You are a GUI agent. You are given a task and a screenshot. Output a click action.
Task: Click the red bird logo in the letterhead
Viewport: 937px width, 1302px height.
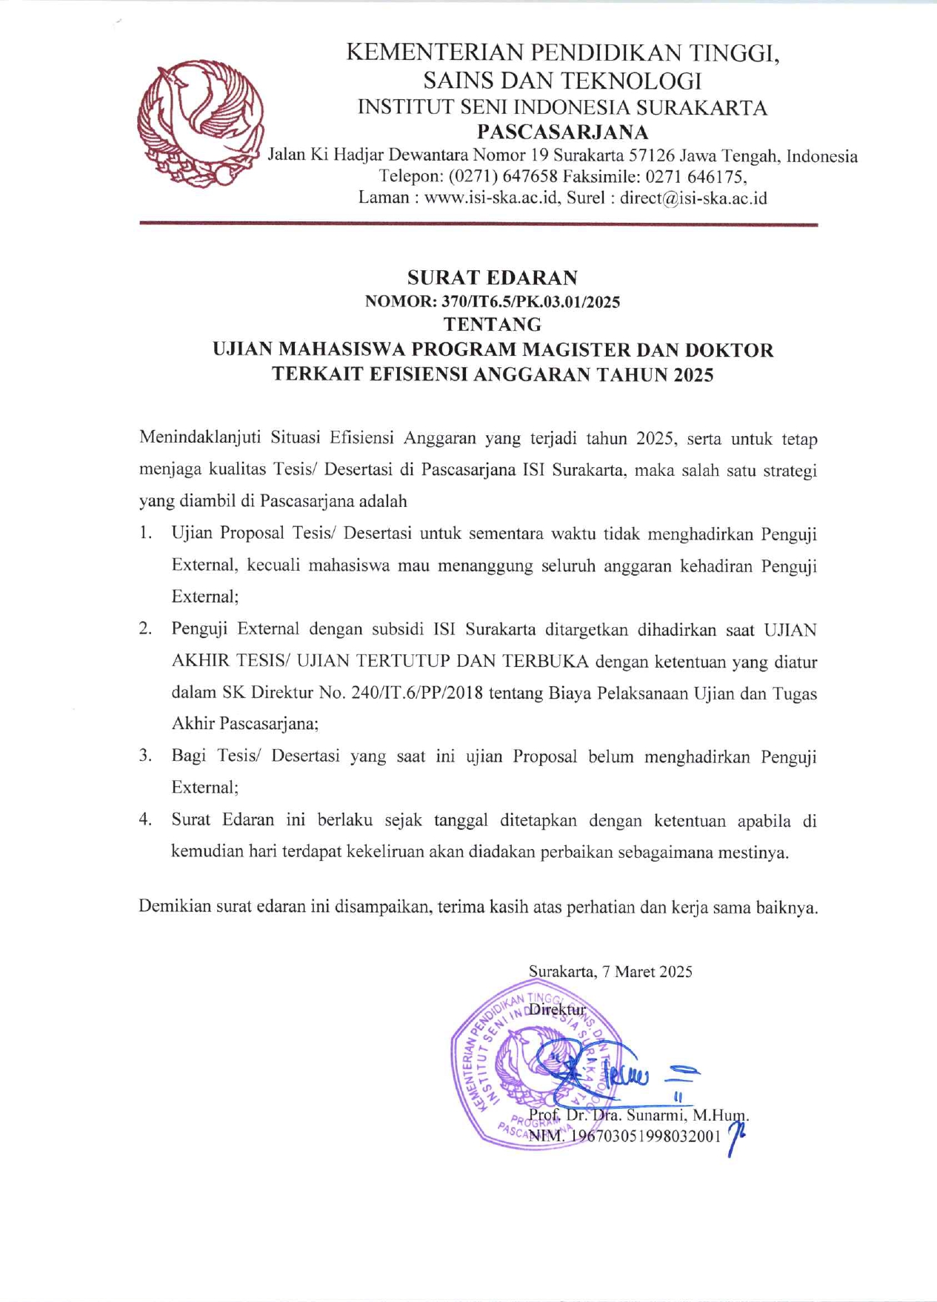click(200, 124)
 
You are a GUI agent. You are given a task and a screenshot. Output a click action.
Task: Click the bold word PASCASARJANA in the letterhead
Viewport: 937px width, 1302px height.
click(562, 132)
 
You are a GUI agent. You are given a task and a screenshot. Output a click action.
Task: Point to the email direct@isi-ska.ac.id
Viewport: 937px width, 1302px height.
click(693, 198)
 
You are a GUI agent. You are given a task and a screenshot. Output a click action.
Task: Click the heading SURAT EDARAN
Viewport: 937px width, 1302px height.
click(492, 278)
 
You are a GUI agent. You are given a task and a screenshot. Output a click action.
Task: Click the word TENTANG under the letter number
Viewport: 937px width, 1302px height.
click(492, 324)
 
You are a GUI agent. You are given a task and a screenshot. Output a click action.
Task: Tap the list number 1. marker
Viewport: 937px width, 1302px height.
click(146, 533)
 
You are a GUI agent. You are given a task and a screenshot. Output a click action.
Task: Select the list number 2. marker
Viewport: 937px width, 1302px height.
click(146, 628)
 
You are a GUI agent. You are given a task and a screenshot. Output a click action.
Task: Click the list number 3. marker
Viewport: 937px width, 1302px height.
click(146, 756)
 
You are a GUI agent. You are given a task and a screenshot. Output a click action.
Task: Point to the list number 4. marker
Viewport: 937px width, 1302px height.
click(146, 819)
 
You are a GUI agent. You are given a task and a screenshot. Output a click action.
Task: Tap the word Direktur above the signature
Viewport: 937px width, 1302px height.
click(557, 1009)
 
